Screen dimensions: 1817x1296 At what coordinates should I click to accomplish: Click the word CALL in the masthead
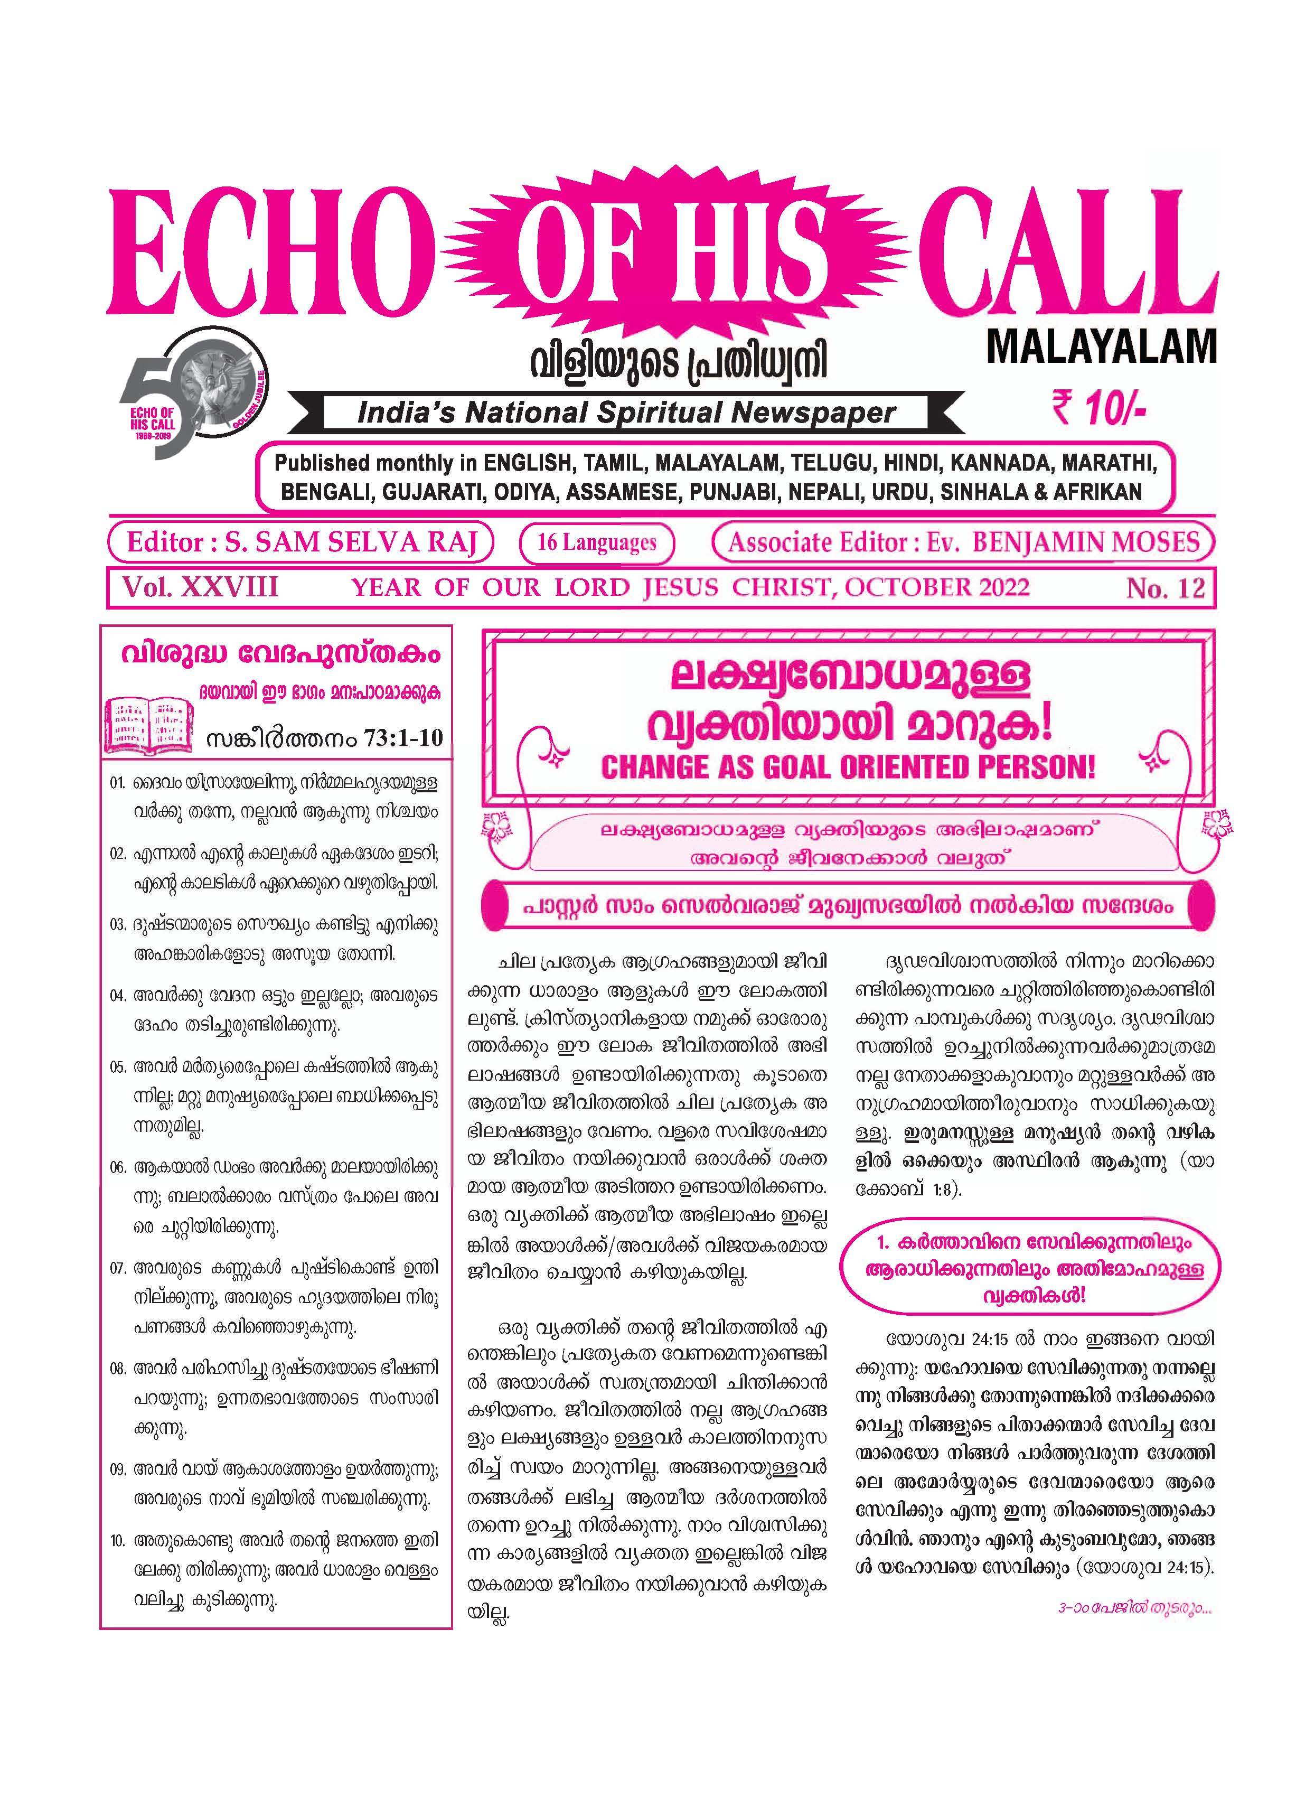click(x=1067, y=254)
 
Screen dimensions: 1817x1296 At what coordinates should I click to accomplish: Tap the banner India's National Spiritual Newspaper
click(x=626, y=413)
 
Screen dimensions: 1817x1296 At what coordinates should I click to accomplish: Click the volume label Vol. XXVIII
click(x=200, y=587)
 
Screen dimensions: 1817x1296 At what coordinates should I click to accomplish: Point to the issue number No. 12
click(x=1165, y=588)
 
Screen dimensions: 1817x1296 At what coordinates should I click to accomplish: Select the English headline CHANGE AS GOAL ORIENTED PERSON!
click(x=848, y=767)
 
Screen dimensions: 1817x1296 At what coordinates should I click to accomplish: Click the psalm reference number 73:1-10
click(x=403, y=736)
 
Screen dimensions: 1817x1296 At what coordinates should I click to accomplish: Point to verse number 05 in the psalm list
click(x=118, y=1069)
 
